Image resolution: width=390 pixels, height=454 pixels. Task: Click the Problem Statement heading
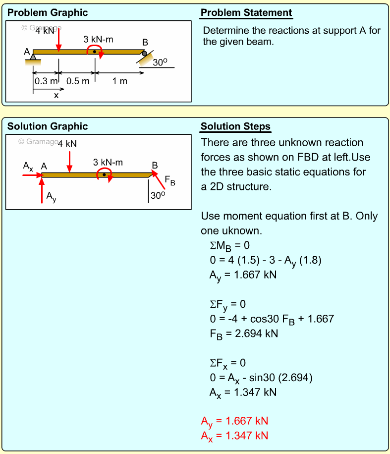point(246,13)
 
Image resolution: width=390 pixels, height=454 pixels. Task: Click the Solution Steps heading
point(235,126)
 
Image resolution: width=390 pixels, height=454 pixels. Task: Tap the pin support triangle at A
point(33,57)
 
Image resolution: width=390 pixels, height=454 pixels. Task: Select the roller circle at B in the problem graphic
point(144,53)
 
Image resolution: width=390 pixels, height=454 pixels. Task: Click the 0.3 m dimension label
point(46,81)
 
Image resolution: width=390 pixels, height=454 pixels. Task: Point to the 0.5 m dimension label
point(78,81)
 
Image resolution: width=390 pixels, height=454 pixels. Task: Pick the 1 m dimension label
point(119,81)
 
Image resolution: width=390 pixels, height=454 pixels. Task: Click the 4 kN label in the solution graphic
point(67,144)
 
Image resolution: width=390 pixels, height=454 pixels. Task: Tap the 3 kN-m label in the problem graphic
point(98,39)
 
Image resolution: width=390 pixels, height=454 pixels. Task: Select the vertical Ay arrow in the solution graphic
point(42,190)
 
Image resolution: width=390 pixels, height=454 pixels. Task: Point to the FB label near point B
point(170,181)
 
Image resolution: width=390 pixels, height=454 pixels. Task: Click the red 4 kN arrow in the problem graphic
point(58,40)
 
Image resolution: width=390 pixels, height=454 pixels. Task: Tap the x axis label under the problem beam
point(56,96)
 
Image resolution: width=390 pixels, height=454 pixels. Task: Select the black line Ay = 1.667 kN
point(242,275)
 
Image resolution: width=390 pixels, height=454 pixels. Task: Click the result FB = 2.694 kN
point(243,333)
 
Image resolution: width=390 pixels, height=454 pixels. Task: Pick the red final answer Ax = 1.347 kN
point(234,436)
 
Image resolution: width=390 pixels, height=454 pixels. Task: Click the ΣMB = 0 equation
point(228,246)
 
